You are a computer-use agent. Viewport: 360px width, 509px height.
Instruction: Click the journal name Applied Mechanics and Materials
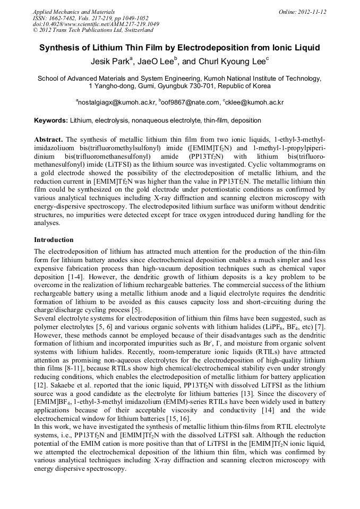[73, 12]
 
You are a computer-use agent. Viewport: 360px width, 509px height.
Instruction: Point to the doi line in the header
[96, 24]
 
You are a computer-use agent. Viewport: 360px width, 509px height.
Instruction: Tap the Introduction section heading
[54, 240]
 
